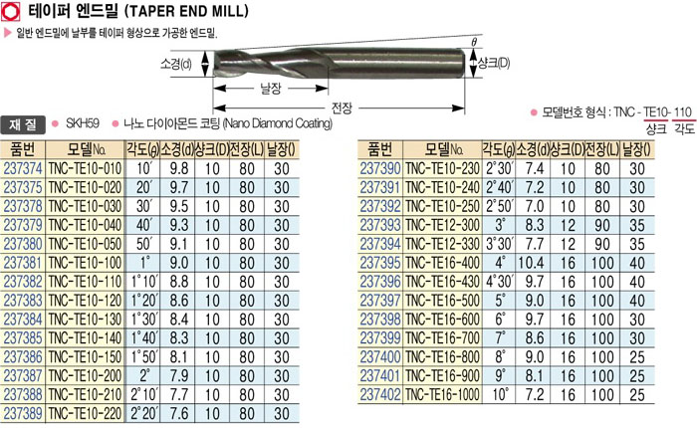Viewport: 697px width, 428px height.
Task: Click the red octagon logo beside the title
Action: [x=11, y=12]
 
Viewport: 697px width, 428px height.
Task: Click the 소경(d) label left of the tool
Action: [x=175, y=65]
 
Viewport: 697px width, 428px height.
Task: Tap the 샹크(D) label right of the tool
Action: [x=494, y=63]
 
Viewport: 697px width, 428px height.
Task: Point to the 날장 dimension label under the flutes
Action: [x=271, y=89]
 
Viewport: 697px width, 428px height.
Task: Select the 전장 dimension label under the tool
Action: [x=342, y=107]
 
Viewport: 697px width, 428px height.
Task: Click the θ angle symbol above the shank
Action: [x=474, y=42]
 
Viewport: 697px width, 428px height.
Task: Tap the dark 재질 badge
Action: [x=23, y=124]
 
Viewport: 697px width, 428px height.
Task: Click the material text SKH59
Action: [x=83, y=123]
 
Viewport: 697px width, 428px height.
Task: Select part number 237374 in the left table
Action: [x=23, y=169]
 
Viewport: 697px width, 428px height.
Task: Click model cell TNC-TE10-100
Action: [x=85, y=263]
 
